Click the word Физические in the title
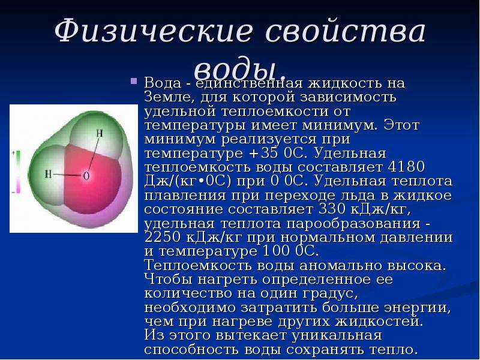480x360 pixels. tap(154, 31)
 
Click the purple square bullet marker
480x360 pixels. tap(133, 81)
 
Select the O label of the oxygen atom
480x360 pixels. tap(86, 176)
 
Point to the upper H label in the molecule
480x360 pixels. tap(100, 133)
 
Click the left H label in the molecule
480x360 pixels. tap(49, 174)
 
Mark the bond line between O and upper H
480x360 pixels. tap(93, 154)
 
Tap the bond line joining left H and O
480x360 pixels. tap(67, 175)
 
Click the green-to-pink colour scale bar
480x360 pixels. tap(18, 172)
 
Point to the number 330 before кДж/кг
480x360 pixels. tap(332, 209)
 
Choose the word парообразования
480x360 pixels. tap(353, 224)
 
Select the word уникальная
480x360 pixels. tap(337, 336)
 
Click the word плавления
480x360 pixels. tap(185, 196)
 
